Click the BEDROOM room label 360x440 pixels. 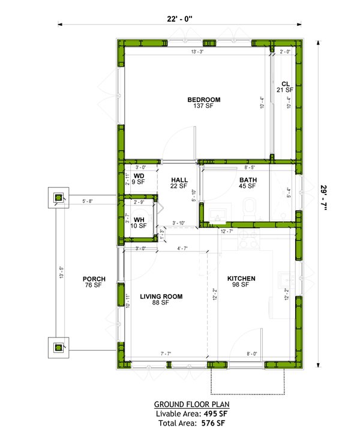[203, 100]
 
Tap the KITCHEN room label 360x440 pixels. [242, 279]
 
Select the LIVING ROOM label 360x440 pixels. [161, 297]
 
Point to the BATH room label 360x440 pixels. [248, 179]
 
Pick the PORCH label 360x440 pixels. [95, 279]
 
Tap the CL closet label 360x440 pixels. [286, 84]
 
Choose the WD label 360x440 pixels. [139, 176]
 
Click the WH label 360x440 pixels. [139, 220]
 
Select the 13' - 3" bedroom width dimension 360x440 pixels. [198, 53]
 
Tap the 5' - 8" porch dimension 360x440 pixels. [87, 201]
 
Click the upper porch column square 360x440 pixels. [58, 197]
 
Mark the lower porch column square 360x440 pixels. [58, 347]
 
